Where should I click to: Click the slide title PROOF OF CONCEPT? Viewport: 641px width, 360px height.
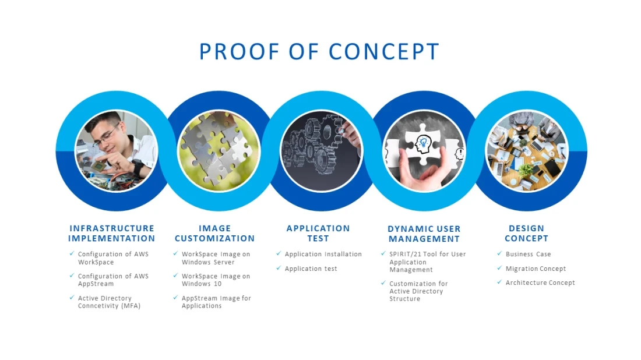click(x=319, y=52)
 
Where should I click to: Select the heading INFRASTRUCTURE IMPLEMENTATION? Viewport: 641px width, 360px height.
click(x=112, y=234)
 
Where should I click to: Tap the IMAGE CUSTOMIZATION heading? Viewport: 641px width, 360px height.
click(x=214, y=234)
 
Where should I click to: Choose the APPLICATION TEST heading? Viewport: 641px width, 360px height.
click(x=318, y=234)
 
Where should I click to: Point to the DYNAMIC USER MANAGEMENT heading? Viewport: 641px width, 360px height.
click(x=424, y=234)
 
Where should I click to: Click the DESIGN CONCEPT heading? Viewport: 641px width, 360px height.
click(x=527, y=234)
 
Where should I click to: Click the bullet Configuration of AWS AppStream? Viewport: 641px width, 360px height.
click(x=113, y=280)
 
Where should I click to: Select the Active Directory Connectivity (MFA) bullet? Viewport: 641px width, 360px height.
click(x=109, y=302)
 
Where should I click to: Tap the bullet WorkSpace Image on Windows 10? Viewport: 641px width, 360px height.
click(x=216, y=280)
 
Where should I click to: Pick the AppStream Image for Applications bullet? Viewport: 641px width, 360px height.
click(x=216, y=302)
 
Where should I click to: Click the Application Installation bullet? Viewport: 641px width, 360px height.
click(x=323, y=254)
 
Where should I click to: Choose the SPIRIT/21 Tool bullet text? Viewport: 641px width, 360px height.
click(x=428, y=262)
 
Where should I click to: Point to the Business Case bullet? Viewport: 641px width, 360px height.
click(x=528, y=254)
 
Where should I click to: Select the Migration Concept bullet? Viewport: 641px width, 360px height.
click(x=536, y=269)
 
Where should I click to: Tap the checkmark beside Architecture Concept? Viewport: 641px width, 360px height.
click(x=499, y=282)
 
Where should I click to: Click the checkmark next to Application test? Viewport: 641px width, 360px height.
click(x=279, y=268)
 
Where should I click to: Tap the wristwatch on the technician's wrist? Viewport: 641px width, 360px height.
click(x=138, y=167)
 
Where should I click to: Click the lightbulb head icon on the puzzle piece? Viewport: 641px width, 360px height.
click(x=422, y=143)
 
